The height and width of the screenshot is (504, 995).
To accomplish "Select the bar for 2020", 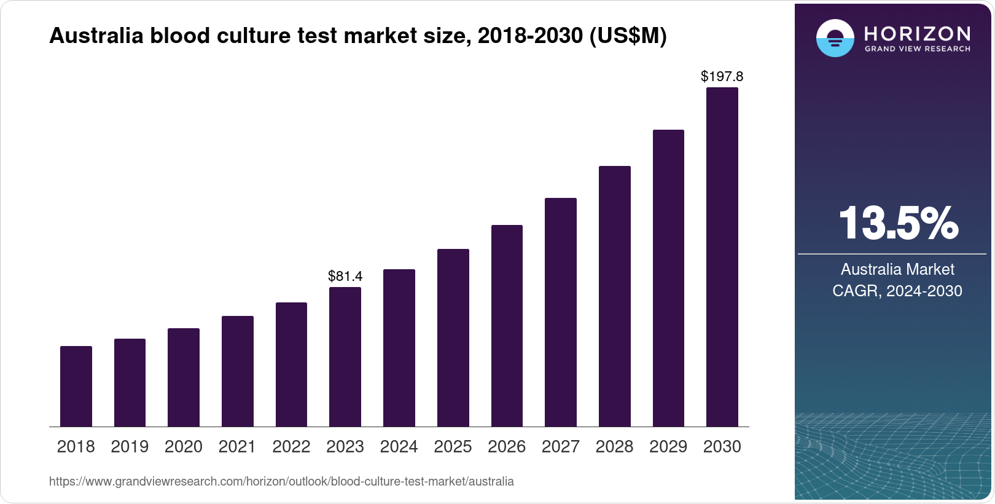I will [184, 377].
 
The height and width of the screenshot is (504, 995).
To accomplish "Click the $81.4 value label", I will [345, 276].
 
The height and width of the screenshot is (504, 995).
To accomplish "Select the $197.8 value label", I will [722, 76].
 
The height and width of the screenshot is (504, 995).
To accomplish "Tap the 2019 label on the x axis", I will [130, 446].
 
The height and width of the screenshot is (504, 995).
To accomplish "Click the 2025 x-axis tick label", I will [453, 446].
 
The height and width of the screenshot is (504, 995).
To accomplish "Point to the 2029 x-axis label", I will [668, 446].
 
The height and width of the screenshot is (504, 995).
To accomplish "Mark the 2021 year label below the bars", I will [237, 446].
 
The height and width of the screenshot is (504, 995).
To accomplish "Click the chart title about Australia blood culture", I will [357, 36].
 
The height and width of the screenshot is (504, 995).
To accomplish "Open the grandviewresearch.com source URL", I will [281, 481].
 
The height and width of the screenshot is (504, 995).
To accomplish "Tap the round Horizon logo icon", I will [835, 38].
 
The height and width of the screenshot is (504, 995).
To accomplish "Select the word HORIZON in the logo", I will [917, 33].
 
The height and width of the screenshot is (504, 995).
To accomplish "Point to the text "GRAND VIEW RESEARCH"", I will [917, 49].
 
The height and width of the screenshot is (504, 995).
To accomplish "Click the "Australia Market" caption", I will [897, 269].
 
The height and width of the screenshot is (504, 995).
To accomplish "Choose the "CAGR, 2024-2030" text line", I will [897, 291].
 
